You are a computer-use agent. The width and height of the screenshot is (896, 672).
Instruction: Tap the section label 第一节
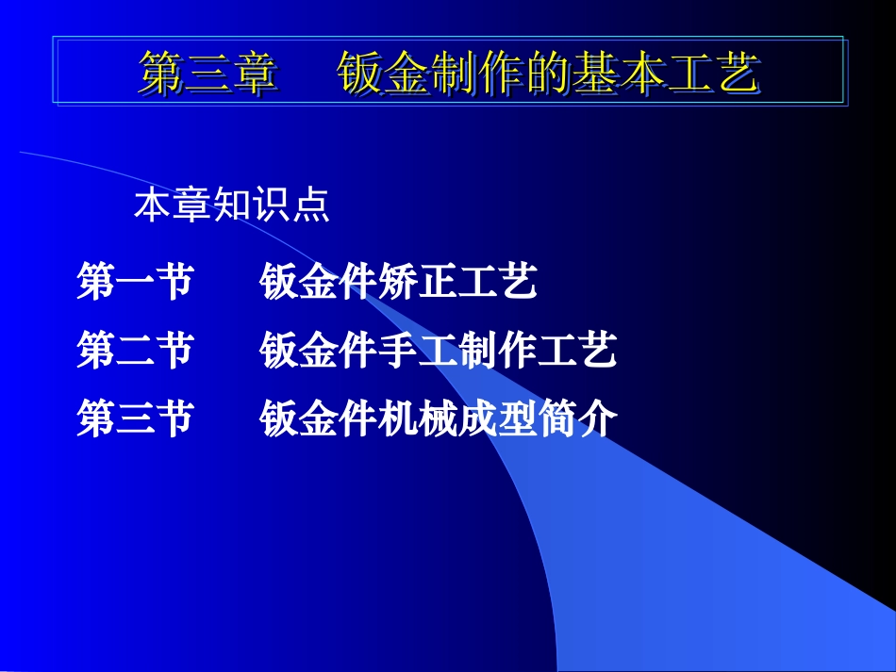click(135, 282)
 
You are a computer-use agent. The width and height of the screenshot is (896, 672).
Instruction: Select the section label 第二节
click(135, 351)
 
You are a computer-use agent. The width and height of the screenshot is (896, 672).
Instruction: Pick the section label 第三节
click(135, 418)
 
